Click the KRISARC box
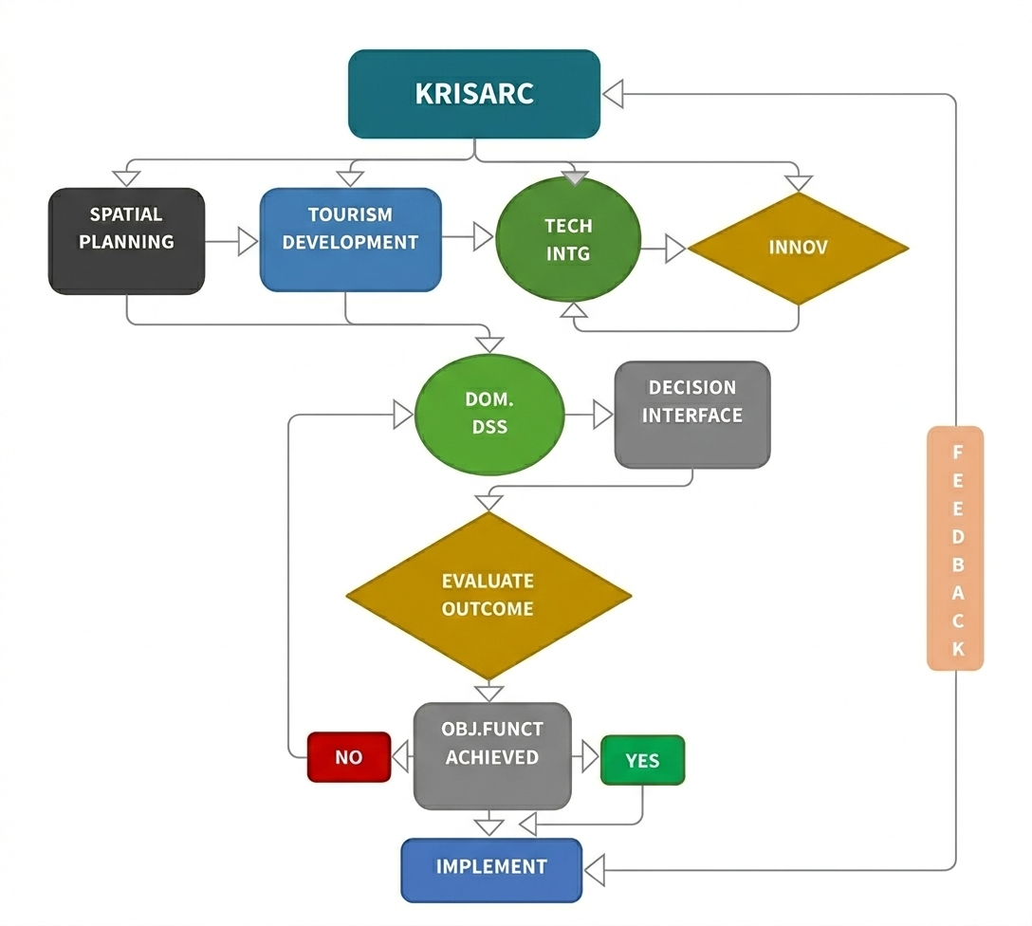(474, 94)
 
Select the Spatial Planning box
(126, 241)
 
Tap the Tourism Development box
(350, 239)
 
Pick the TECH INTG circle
(568, 240)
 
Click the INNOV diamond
(798, 248)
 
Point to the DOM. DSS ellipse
(489, 415)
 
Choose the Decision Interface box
(692, 414)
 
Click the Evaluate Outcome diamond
(488, 595)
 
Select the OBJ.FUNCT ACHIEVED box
(492, 755)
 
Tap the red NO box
(348, 757)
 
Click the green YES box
(642, 760)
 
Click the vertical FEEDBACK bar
(955, 548)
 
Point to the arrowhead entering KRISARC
(613, 94)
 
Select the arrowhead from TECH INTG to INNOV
(675, 250)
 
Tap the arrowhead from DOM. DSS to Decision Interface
(603, 415)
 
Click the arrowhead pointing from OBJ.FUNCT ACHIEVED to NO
(401, 757)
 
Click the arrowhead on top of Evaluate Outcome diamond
(488, 500)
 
